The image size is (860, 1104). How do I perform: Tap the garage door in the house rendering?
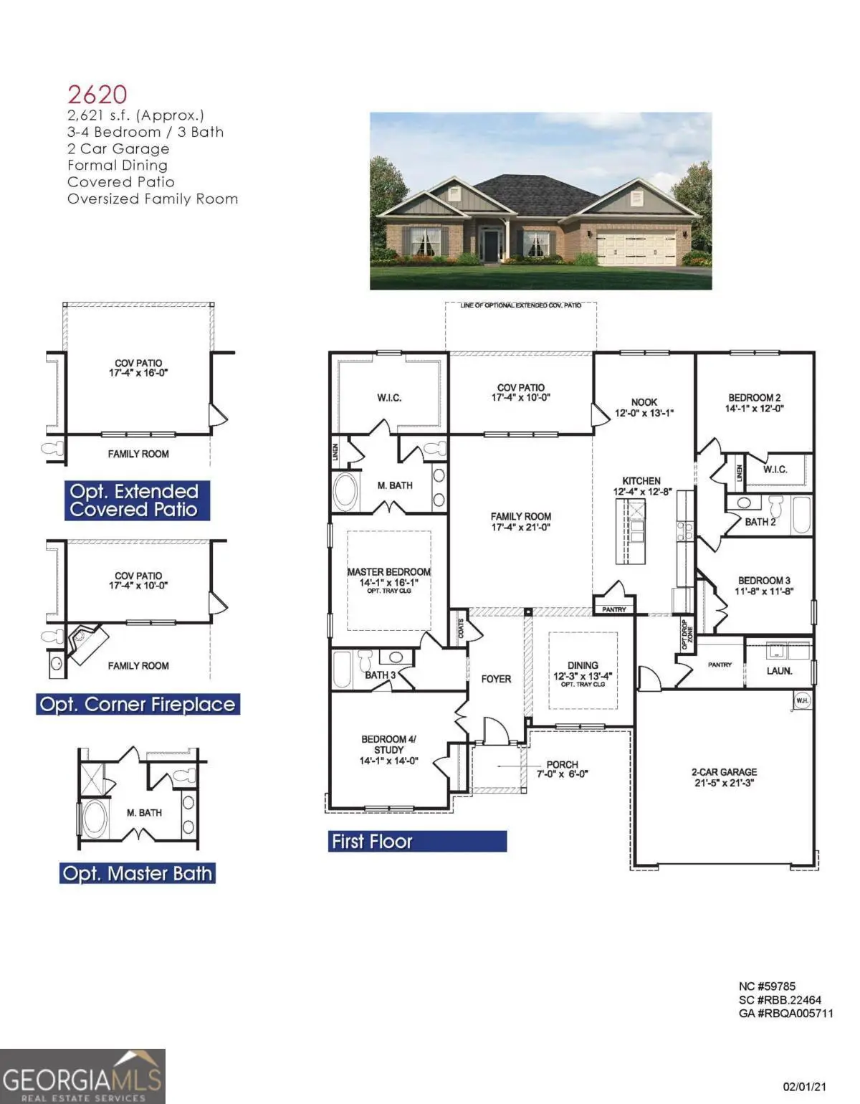click(x=636, y=248)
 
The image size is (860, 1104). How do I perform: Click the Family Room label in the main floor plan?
click(x=520, y=521)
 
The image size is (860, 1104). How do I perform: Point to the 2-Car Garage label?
click(x=724, y=777)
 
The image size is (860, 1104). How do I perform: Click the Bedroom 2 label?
click(x=755, y=403)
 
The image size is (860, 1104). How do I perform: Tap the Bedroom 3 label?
click(x=764, y=586)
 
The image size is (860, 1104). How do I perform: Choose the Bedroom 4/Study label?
click(x=388, y=749)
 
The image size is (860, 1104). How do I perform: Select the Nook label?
click(x=644, y=407)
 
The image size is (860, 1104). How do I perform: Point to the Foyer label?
click(x=496, y=678)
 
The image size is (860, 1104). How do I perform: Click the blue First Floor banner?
click(x=418, y=841)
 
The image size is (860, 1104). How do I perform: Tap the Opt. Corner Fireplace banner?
click(x=138, y=704)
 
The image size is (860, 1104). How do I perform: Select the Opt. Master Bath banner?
click(x=138, y=873)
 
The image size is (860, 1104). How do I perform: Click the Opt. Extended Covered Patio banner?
click(x=137, y=500)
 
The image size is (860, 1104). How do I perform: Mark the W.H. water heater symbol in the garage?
click(x=802, y=700)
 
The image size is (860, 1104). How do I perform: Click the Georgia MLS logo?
click(x=82, y=1076)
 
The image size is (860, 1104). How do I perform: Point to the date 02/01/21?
click(x=806, y=1087)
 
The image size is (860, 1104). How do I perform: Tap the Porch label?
click(x=562, y=768)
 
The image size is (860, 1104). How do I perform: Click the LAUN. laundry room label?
click(x=779, y=671)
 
